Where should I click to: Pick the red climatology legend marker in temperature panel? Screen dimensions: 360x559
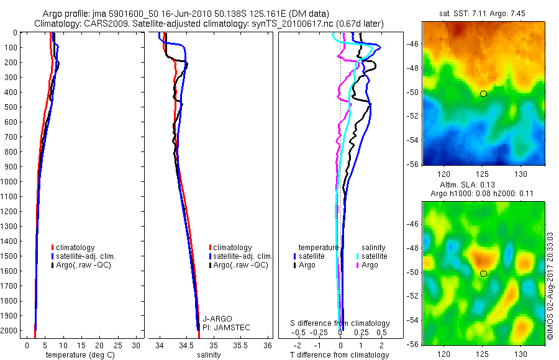point(53,248)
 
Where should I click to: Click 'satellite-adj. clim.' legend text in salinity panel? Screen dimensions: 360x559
point(243,256)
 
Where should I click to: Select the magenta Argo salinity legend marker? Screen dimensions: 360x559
point(358,265)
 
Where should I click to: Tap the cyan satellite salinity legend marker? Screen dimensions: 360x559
point(358,256)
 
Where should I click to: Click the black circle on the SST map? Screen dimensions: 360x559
point(483,93)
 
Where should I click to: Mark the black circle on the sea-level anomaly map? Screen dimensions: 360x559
point(483,273)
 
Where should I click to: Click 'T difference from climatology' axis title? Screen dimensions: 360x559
point(340,355)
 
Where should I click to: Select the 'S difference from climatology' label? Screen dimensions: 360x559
point(340,323)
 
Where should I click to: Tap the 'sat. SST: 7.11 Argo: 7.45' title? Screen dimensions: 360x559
point(483,14)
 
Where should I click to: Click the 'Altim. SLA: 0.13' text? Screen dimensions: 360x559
point(483,185)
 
